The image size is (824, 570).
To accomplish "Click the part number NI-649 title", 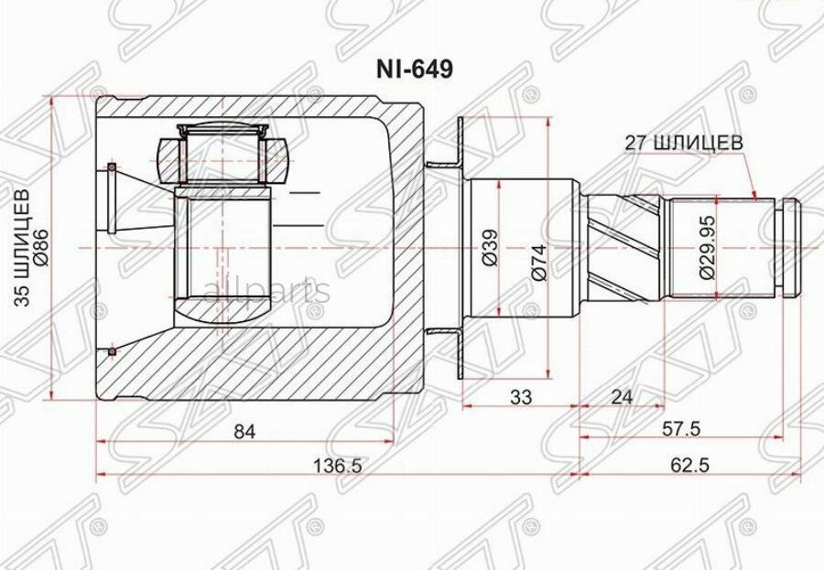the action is pos(414,70).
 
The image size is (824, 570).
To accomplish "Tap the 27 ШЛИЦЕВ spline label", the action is pos(684,143).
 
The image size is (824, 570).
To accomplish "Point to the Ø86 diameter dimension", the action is pos(41,247).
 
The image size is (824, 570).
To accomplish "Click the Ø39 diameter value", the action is pos(490,247).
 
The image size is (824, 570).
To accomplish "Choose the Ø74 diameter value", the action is pos(539,263).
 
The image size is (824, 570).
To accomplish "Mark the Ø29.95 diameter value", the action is pos(706,247).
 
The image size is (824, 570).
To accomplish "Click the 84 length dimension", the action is pos(244,432).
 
